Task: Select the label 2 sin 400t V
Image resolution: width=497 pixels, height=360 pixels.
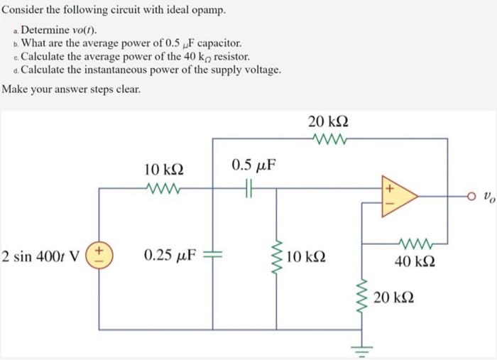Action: pos(41,255)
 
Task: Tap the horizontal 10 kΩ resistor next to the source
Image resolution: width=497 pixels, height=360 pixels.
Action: pos(164,188)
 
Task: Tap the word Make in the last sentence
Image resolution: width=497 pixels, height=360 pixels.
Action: pos(16,89)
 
